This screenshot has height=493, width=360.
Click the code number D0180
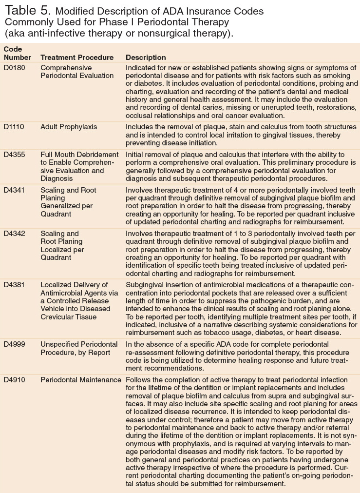14,68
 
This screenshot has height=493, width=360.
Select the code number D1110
14,127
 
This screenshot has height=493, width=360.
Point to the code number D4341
14,190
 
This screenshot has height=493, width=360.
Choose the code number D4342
14,234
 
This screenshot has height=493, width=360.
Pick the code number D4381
14,285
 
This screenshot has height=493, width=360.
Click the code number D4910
14,379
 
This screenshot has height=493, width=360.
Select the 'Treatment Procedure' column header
77,58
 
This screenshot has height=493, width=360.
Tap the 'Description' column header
146,58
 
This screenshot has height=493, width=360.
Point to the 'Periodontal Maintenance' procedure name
81,379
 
